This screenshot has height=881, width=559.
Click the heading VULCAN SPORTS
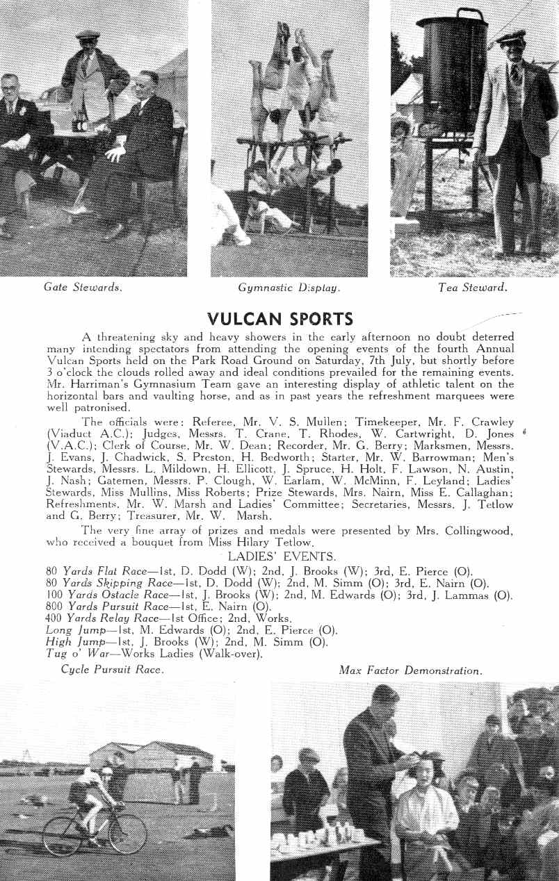coord(280,320)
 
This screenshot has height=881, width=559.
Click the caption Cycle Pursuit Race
coord(113,670)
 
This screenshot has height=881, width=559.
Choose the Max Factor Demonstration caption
coord(410,670)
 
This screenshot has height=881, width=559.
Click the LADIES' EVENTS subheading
coord(282,557)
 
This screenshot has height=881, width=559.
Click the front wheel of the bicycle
coord(127,834)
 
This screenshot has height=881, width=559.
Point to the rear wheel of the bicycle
coord(63,836)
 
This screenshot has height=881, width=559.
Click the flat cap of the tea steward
coord(511,37)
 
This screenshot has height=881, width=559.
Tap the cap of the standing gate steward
coord(88,33)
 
